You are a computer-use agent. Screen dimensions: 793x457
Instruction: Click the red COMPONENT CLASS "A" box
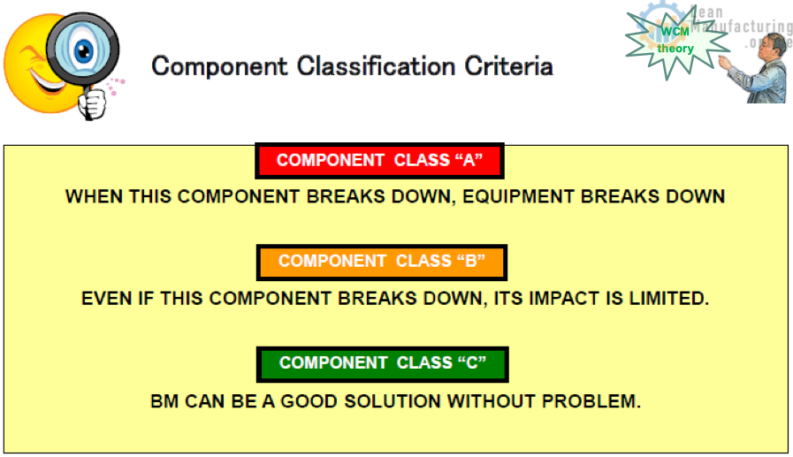[x=379, y=160]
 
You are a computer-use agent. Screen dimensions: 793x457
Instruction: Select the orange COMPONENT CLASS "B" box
[x=382, y=262]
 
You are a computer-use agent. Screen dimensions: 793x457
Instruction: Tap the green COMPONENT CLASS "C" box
[x=382, y=364]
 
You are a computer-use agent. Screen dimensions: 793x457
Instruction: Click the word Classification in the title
[x=377, y=66]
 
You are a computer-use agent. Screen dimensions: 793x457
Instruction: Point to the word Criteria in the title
[x=508, y=66]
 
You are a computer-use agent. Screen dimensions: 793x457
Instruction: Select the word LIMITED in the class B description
[x=668, y=298]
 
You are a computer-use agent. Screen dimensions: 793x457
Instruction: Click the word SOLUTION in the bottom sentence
[x=393, y=401]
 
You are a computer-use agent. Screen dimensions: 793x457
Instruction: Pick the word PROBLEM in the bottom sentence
[x=591, y=401]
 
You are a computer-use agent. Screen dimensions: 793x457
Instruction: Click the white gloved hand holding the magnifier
[x=92, y=103]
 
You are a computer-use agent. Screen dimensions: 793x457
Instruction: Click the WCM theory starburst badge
[x=675, y=41]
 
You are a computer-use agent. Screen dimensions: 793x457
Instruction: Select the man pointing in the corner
[x=753, y=69]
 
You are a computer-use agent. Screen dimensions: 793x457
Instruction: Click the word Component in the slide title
[x=219, y=66]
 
